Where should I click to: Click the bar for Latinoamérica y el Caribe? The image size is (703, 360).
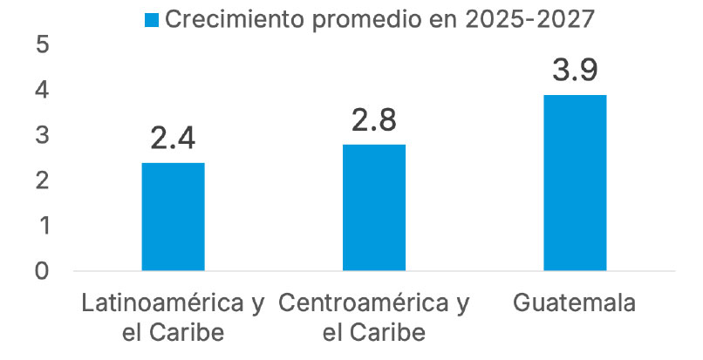[173, 216]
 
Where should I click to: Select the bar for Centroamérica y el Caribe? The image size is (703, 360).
[373, 207]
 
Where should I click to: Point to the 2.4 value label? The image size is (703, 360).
[173, 139]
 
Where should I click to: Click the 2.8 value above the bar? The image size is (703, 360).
[374, 120]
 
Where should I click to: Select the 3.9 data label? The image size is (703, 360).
[575, 71]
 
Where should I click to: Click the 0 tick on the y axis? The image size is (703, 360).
[42, 271]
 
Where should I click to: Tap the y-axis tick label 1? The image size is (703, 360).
[42, 226]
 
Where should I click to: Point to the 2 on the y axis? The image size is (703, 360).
[42, 180]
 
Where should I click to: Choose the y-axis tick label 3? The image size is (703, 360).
[42, 135]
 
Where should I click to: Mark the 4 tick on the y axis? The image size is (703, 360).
[42, 90]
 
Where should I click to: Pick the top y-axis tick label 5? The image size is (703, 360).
[42, 44]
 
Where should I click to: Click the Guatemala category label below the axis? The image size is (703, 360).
[575, 303]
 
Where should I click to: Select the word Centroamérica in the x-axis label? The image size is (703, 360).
[365, 303]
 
